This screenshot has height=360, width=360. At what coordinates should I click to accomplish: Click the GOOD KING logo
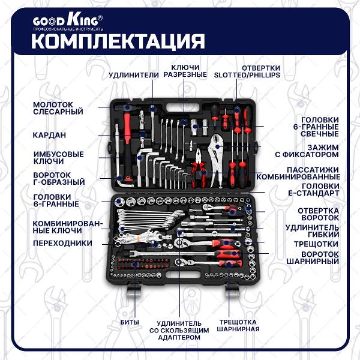(x=68, y=22)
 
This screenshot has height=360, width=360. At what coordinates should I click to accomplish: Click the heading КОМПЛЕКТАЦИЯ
(x=118, y=42)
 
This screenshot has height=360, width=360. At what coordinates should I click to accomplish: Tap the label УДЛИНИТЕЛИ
(x=133, y=75)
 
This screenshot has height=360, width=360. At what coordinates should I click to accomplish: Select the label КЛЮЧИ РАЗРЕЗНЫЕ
(x=185, y=71)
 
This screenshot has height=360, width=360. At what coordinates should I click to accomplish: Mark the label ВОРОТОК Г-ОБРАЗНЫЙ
(x=59, y=178)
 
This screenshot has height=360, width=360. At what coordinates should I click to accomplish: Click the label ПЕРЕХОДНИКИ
(x=62, y=243)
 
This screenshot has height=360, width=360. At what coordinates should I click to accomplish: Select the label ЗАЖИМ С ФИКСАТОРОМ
(x=310, y=151)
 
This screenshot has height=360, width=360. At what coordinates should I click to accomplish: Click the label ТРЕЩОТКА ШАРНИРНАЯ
(x=238, y=325)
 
